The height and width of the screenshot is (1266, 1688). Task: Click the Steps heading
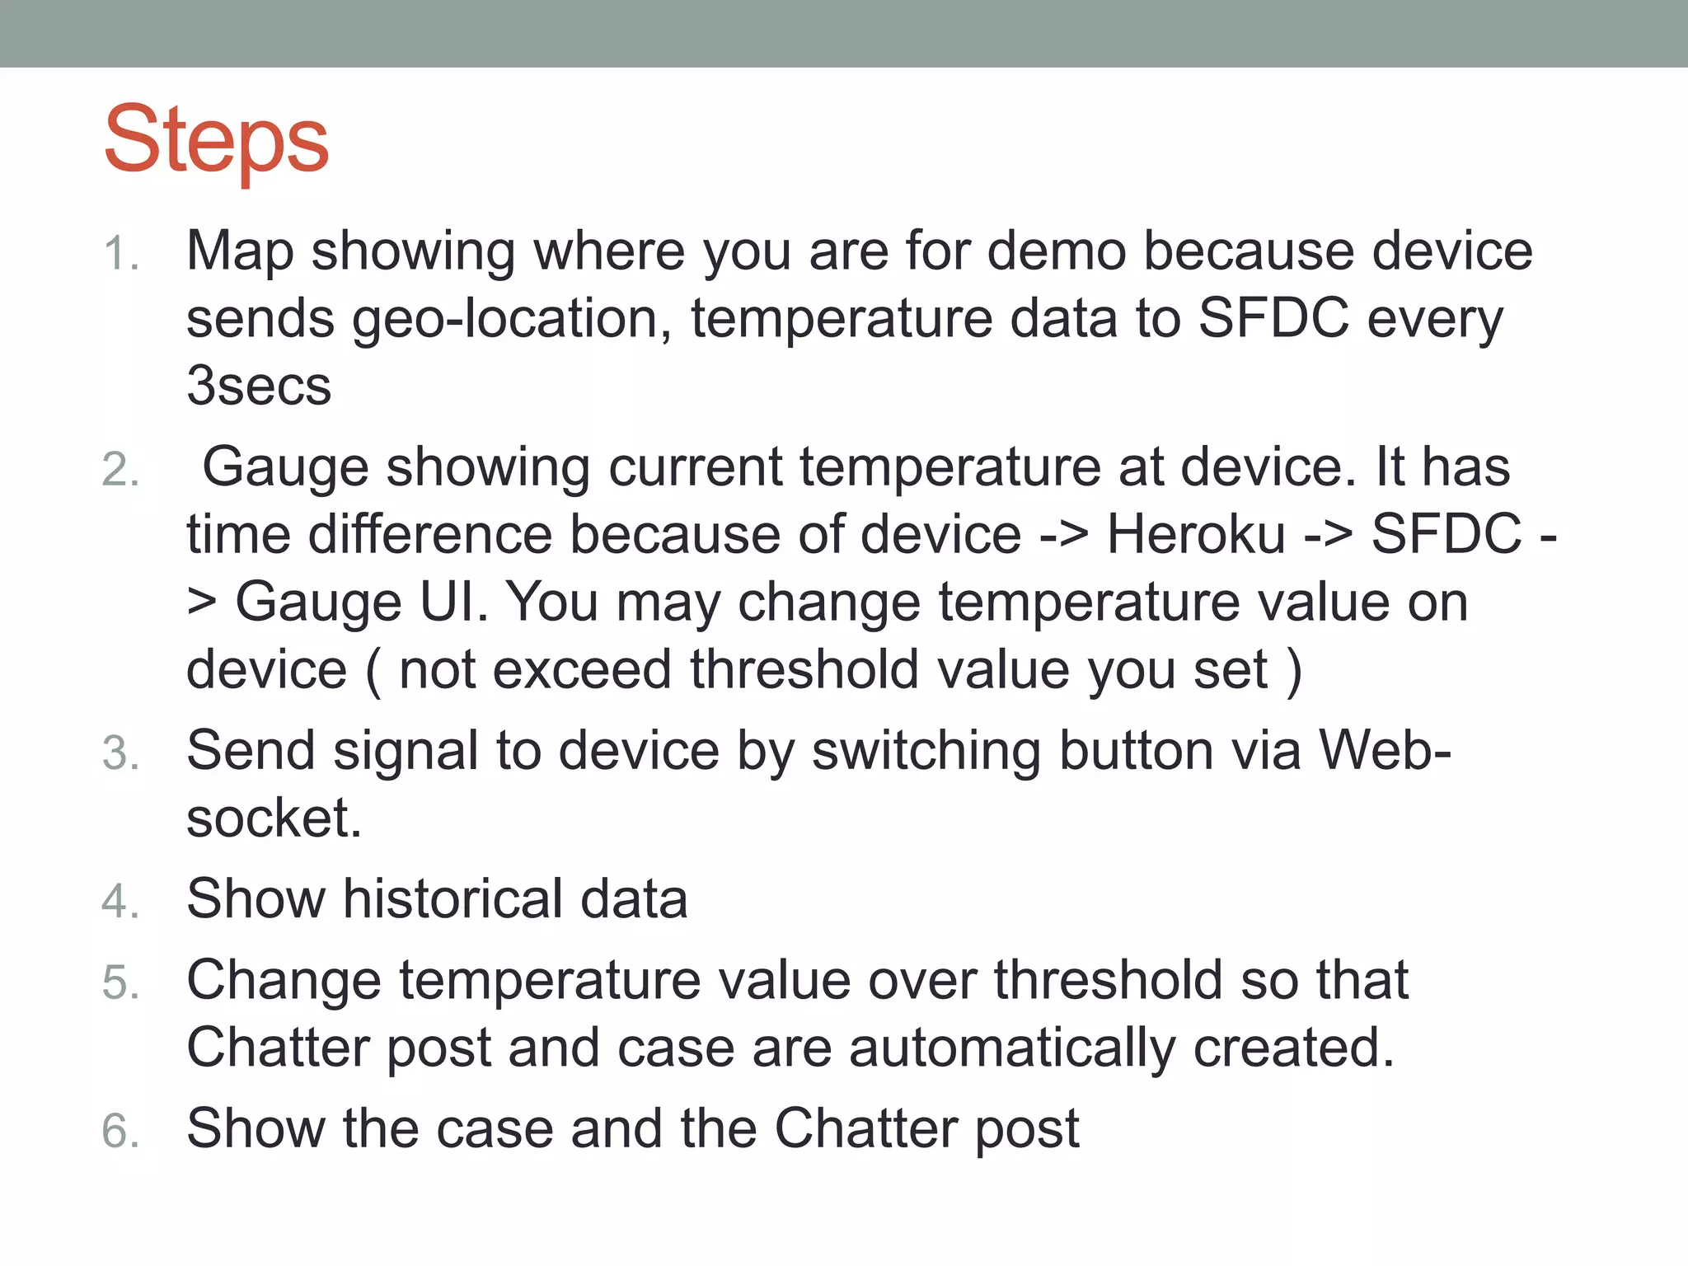click(x=216, y=140)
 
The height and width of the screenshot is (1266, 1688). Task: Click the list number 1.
click(x=120, y=253)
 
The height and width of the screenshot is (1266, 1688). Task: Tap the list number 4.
click(x=120, y=900)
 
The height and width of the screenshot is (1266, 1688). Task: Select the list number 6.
click(x=120, y=1130)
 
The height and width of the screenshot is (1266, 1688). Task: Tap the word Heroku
click(x=1196, y=534)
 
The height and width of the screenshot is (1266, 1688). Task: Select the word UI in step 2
click(x=453, y=602)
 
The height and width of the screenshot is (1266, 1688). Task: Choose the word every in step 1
click(x=1435, y=320)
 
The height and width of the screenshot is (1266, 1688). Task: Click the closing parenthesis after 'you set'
click(x=1294, y=671)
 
